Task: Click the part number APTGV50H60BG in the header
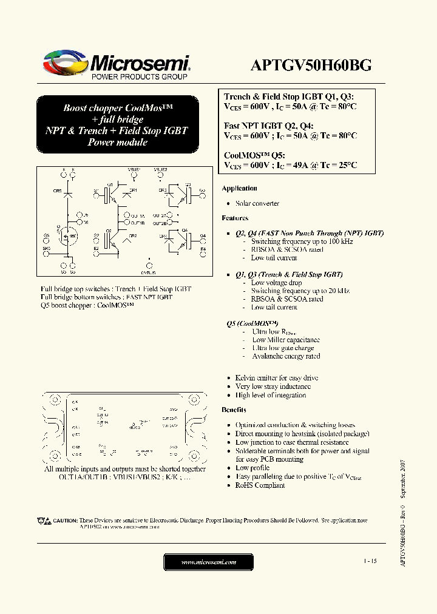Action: (x=311, y=66)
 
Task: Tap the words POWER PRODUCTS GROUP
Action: (x=139, y=77)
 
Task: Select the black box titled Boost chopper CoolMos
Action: (x=117, y=125)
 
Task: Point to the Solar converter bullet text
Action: (x=257, y=203)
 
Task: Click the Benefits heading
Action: (x=234, y=410)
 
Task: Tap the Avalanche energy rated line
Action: (x=286, y=356)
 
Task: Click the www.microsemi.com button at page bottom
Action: (x=209, y=562)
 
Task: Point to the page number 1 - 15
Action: (x=370, y=562)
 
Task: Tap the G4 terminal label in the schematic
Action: (x=203, y=235)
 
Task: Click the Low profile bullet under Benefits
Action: (x=252, y=468)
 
